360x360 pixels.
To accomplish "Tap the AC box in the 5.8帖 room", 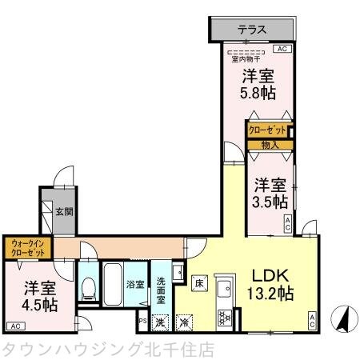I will pyautogui.click(x=281, y=49).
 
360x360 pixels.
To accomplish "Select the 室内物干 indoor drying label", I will pyautogui.click(x=246, y=58).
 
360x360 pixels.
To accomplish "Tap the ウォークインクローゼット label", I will pyautogui.click(x=30, y=246).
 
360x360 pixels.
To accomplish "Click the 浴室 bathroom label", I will pyautogui.click(x=134, y=284).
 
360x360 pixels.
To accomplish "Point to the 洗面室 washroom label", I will pyautogui.click(x=161, y=284).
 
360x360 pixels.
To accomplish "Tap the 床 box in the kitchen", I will pyautogui.click(x=198, y=282).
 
